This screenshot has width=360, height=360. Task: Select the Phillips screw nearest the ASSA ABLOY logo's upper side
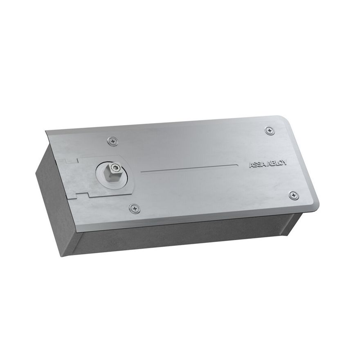270,130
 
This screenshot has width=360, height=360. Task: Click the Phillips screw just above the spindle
112,141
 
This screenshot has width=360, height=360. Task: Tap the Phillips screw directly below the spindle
135,209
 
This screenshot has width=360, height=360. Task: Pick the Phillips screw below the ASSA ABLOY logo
294,196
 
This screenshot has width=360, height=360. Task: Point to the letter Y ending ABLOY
285,163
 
